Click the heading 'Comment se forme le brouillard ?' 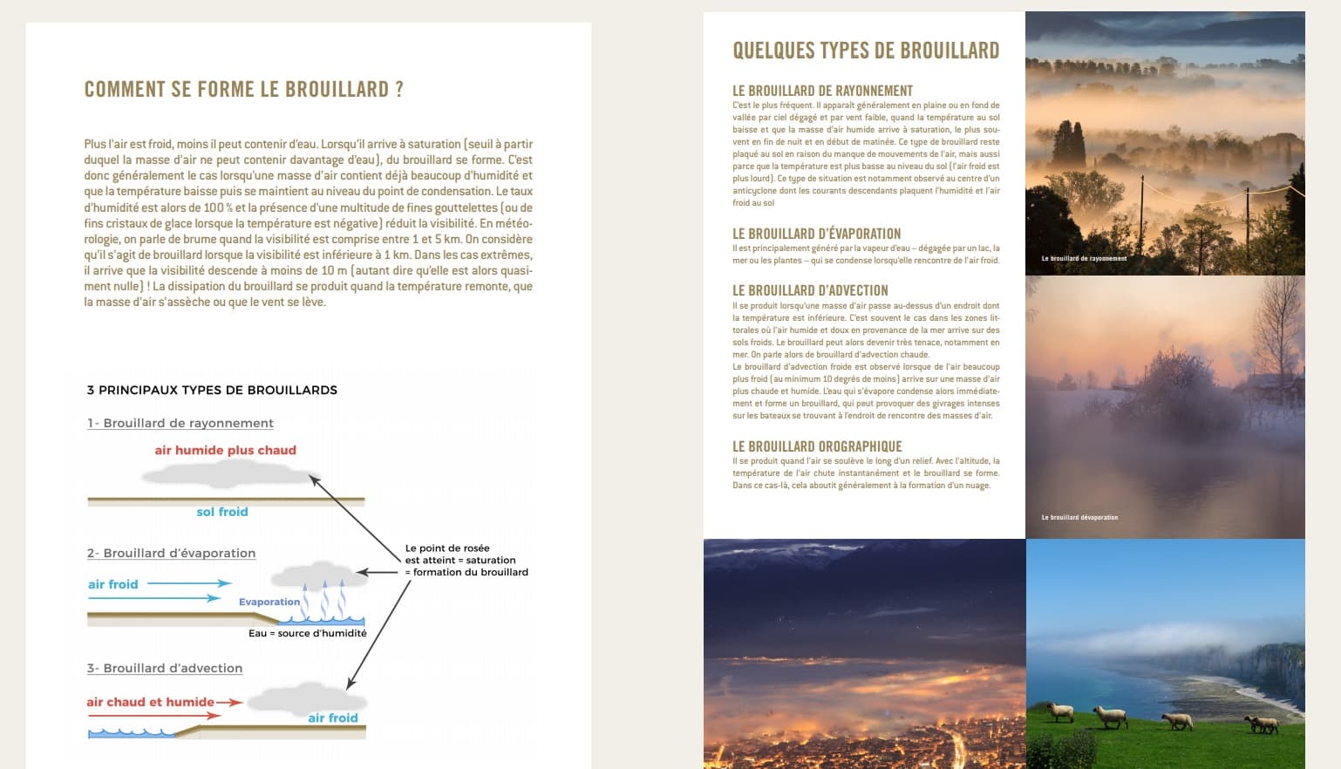click(x=243, y=90)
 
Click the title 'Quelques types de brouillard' click(x=866, y=51)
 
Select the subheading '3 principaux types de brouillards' click(x=212, y=390)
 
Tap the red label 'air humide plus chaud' click(x=225, y=450)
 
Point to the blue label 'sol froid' click(x=221, y=512)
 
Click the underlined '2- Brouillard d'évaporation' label click(x=171, y=553)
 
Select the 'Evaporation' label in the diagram click(x=269, y=602)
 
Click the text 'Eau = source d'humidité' click(x=307, y=633)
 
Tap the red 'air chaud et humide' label click(x=150, y=702)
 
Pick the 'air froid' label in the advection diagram click(x=332, y=718)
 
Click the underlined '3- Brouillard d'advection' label click(x=164, y=668)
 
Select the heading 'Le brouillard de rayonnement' click(x=822, y=91)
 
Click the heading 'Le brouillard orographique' click(x=817, y=446)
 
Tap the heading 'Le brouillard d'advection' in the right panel click(x=810, y=290)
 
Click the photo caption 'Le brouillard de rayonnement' click(x=1084, y=258)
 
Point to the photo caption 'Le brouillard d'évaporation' click(x=1079, y=517)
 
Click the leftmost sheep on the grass click(x=1060, y=712)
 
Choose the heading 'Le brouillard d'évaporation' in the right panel click(x=816, y=234)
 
